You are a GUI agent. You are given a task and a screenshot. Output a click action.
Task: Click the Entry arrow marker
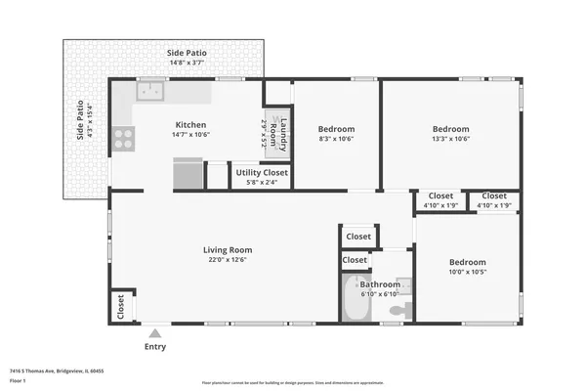click(155, 333)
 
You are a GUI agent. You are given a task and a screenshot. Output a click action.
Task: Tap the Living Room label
click(228, 249)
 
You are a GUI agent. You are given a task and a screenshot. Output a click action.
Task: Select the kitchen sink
click(150, 92)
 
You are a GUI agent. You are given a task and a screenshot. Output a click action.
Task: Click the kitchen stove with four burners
click(123, 139)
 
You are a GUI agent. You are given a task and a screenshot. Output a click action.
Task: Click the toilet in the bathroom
click(398, 310)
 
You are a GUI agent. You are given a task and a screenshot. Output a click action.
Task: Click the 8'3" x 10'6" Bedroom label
click(336, 129)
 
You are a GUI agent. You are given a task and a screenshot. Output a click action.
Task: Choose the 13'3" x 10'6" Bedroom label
click(450, 129)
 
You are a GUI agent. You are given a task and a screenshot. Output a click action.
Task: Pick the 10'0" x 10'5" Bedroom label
click(467, 262)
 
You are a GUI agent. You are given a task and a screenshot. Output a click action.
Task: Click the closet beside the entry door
click(120, 307)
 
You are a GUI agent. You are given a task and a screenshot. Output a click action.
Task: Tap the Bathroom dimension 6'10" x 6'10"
click(379, 294)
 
